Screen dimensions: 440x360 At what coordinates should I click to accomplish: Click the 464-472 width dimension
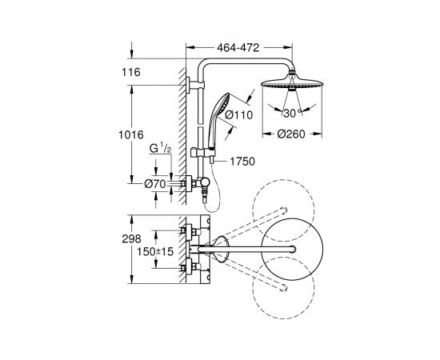[238, 48]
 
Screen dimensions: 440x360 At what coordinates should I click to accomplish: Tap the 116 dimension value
[130, 72]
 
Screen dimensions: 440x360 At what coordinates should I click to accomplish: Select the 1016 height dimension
[130, 135]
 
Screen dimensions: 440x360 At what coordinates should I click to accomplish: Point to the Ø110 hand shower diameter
[239, 114]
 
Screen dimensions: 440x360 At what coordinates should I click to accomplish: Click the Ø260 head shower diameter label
[291, 134]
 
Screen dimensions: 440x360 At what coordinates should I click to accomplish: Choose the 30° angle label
[292, 114]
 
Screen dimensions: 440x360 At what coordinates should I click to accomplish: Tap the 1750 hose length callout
[242, 162]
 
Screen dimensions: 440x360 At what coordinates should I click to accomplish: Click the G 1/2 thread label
[160, 149]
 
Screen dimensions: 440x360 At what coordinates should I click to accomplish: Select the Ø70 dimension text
[155, 184]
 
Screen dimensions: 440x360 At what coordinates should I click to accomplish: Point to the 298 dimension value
[131, 238]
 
